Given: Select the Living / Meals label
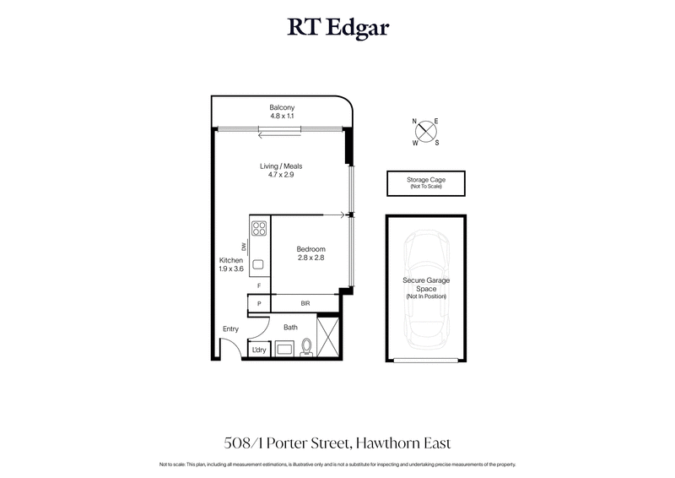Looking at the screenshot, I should (x=280, y=171).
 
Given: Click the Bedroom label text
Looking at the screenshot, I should (x=310, y=253).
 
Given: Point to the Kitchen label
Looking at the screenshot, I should (x=231, y=264).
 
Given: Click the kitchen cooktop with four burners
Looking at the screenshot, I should (x=259, y=227).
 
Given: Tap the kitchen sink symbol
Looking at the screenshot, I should (x=258, y=263).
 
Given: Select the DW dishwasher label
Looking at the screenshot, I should (x=245, y=247).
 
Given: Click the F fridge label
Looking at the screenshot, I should (x=259, y=286).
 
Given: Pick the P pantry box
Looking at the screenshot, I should (x=259, y=302).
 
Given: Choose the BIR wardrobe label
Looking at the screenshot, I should (x=305, y=302).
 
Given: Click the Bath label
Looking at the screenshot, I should (x=290, y=327).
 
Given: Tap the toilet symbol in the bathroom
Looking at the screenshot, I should (x=305, y=346).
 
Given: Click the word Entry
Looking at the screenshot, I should (x=230, y=329).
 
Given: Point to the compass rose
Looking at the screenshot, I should (x=425, y=131).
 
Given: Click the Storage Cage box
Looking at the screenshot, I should (x=426, y=183).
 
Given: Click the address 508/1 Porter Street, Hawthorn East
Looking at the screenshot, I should (x=337, y=443).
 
